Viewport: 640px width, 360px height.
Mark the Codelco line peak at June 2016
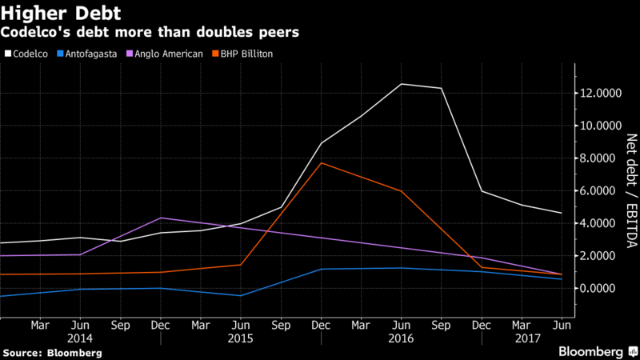point(401,84)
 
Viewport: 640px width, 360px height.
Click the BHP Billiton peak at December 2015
point(321,163)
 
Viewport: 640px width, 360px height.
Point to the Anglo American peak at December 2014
point(160,218)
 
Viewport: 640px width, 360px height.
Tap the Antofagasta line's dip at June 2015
point(240,296)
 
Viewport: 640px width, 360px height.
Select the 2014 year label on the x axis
point(80,338)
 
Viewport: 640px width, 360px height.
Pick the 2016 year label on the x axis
point(401,338)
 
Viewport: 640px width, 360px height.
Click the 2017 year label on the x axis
point(522,338)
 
